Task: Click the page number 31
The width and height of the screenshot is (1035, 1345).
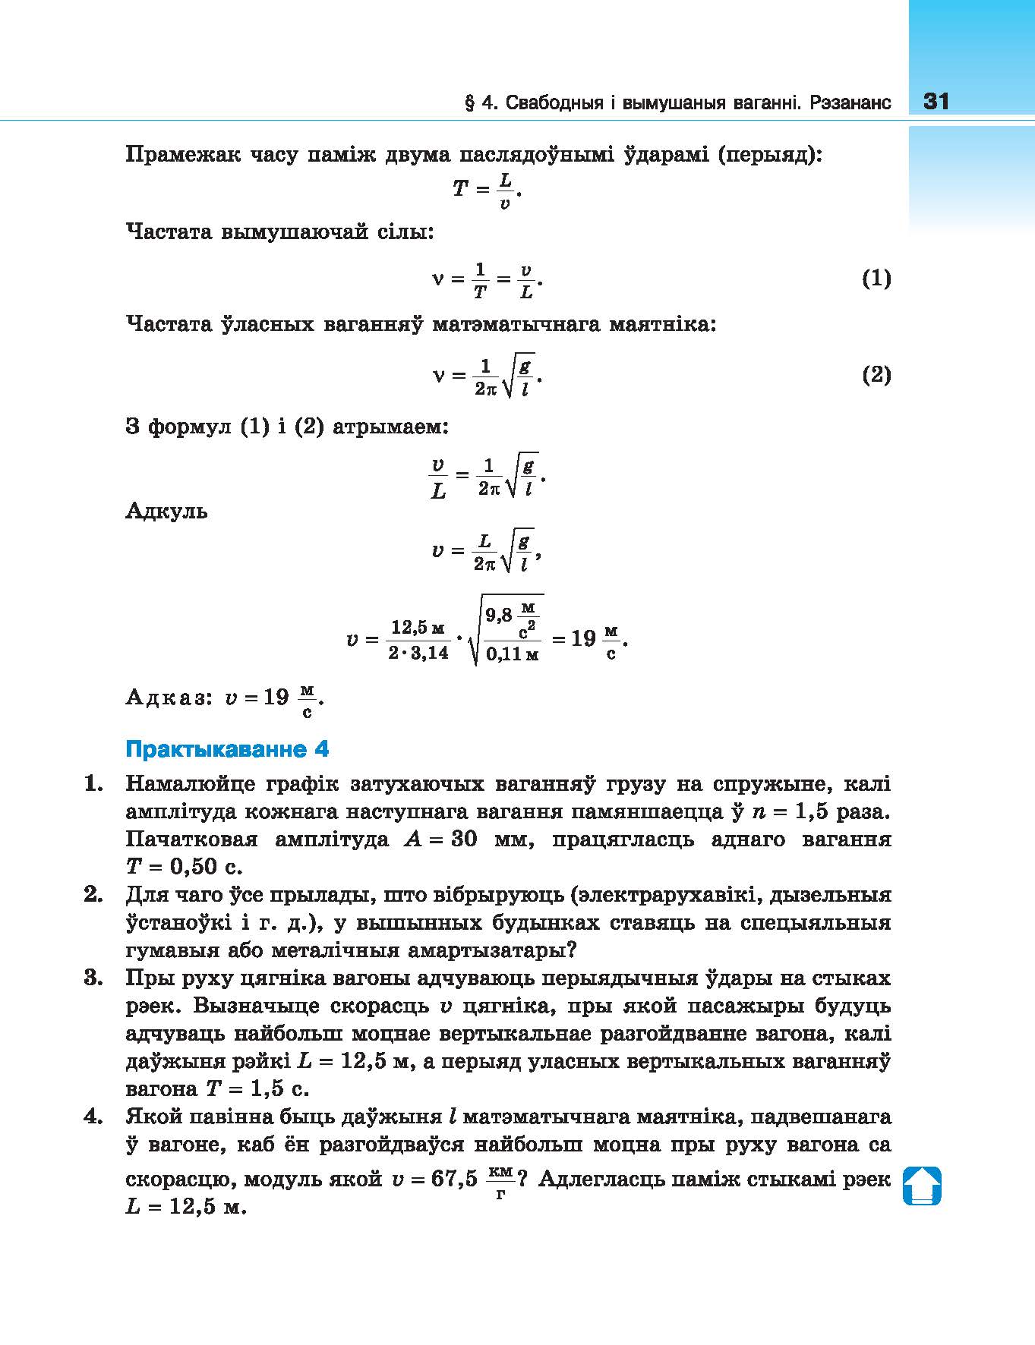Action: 936,101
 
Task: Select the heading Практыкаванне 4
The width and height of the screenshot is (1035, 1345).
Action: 227,749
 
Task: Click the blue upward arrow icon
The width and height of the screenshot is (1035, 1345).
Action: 922,1185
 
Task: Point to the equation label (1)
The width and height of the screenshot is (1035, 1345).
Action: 876,279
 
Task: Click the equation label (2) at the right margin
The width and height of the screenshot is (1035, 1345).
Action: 876,375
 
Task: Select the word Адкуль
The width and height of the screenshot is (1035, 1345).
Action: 166,510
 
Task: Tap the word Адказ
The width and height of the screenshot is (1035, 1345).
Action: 167,698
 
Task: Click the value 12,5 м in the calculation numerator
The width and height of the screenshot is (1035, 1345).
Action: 418,628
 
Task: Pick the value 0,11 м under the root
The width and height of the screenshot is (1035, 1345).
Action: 513,654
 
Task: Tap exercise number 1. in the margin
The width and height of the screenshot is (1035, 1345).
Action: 93,783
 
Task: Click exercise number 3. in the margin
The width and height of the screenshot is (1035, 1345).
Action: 93,978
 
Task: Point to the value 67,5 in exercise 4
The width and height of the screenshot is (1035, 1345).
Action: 454,1179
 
